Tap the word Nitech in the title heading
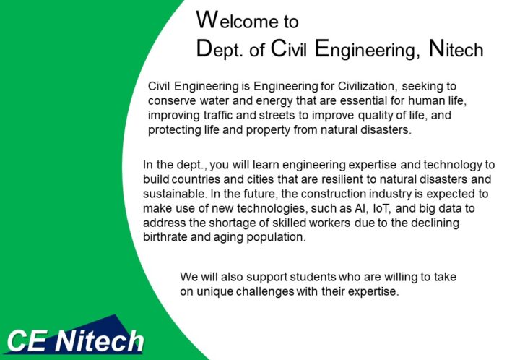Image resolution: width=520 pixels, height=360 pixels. (x=456, y=48)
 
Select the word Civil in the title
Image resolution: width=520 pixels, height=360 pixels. (x=288, y=48)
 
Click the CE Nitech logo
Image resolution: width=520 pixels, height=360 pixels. (x=75, y=338)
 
